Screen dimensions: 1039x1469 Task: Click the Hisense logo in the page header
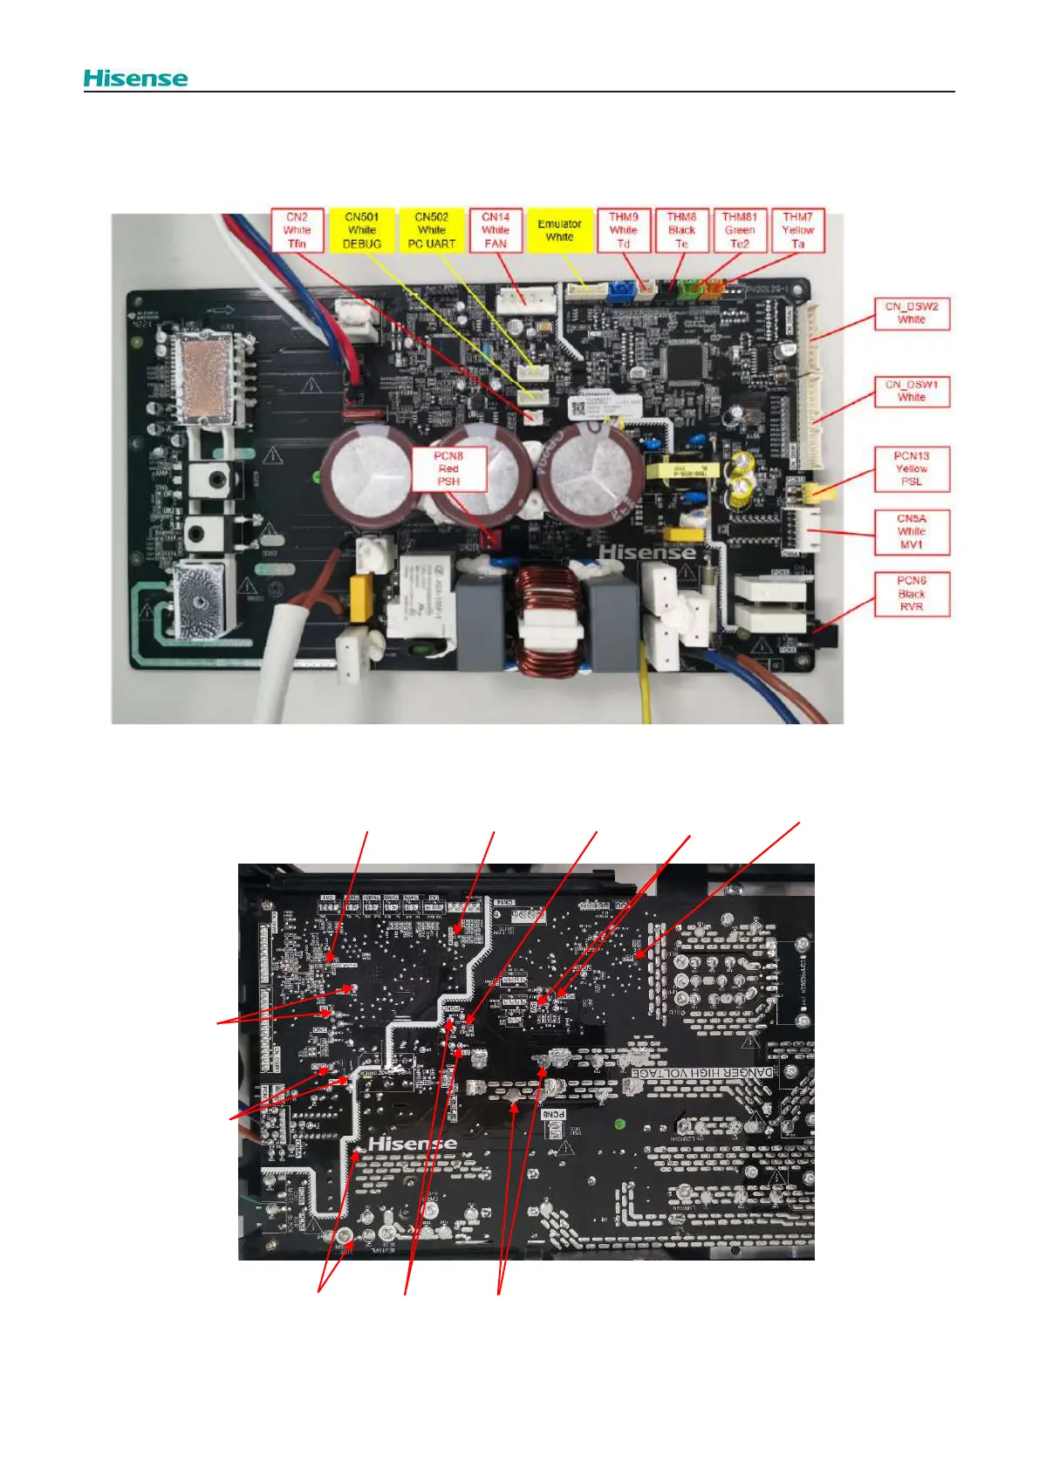135,79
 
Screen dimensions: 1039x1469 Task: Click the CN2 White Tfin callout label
297,230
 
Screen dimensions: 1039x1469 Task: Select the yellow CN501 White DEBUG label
362,230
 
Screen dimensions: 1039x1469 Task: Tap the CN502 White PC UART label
432,230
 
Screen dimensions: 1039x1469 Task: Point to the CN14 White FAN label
496,230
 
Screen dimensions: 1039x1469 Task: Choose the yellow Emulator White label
559,230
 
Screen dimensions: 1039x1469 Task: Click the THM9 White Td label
624,230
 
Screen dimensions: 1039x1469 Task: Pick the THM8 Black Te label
681,230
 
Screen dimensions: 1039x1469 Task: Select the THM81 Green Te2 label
740,230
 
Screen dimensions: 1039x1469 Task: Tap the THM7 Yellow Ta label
797,230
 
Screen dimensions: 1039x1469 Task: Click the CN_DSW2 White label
912,313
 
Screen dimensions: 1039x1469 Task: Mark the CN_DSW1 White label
912,391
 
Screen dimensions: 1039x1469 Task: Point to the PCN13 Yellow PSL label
912,468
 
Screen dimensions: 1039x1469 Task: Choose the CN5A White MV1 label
912,531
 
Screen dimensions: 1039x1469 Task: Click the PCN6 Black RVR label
912,594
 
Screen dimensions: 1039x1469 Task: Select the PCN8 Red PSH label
448,468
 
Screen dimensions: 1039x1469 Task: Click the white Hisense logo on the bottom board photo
413,1144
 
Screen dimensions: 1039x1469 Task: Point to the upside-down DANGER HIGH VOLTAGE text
702,1072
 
